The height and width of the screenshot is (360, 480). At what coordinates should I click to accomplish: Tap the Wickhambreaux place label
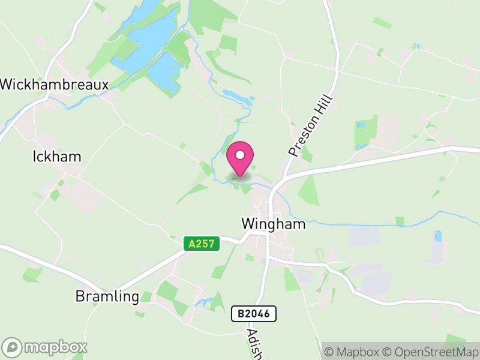click(54, 85)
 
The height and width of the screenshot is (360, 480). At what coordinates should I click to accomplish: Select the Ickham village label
click(56, 157)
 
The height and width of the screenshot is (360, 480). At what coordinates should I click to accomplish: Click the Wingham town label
click(273, 224)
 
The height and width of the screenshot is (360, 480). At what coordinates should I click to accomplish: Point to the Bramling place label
click(107, 296)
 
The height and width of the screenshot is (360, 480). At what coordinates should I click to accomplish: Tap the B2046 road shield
click(254, 313)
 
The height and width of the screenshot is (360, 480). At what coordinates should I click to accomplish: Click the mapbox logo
click(45, 347)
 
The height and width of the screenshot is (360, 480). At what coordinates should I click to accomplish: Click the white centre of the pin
click(240, 155)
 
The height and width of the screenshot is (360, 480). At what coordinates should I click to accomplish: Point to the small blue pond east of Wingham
click(438, 236)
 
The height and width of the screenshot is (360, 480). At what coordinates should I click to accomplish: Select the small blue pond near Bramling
click(205, 302)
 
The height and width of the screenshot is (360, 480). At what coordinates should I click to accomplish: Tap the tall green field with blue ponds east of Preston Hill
click(365, 132)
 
